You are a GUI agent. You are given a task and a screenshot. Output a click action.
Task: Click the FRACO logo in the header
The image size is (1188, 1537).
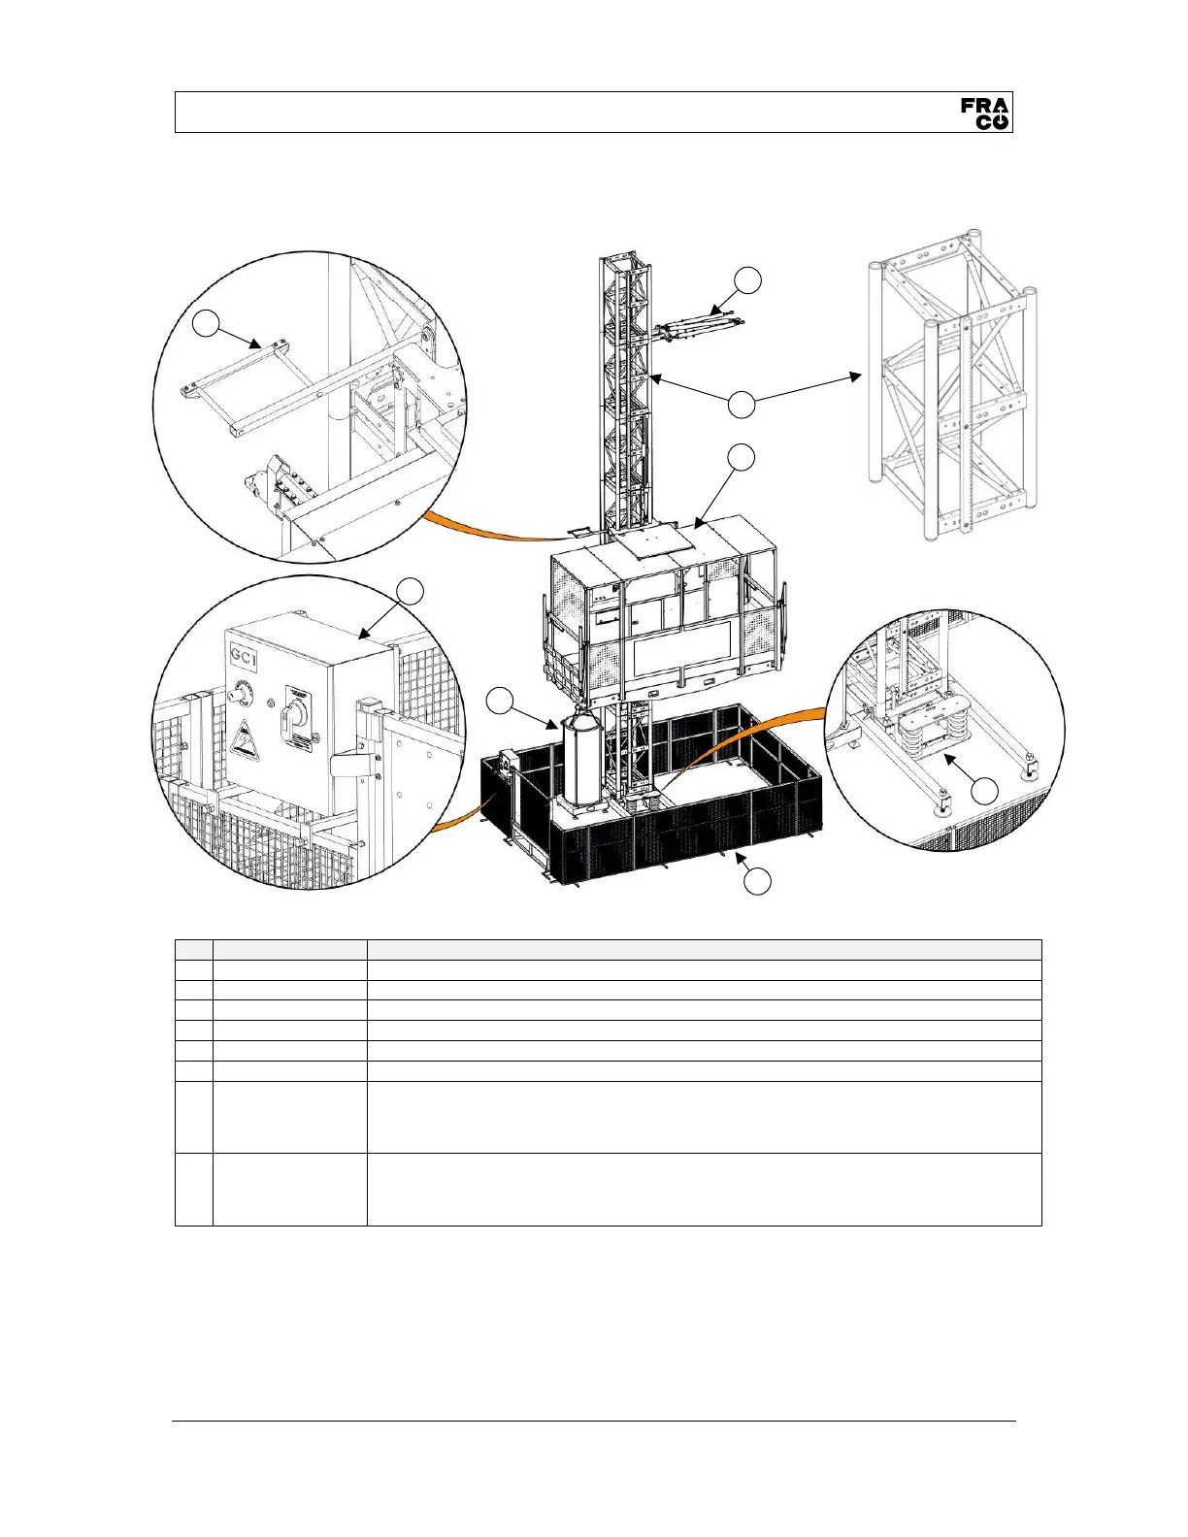pos(985,113)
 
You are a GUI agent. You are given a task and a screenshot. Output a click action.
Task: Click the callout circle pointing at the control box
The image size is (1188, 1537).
pos(412,591)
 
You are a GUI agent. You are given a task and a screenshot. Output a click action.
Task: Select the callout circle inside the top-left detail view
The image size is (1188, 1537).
pos(206,323)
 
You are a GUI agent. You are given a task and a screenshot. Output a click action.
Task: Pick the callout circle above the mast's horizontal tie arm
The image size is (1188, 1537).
pos(746,280)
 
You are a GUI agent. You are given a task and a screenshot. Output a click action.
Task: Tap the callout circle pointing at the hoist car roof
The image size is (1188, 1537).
pos(742,457)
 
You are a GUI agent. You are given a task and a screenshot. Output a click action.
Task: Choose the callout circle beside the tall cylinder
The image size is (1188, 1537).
pos(500,701)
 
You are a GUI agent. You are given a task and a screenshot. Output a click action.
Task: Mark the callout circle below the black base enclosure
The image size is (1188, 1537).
pos(757,881)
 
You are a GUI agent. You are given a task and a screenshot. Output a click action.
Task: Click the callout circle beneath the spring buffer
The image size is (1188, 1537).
pos(984,791)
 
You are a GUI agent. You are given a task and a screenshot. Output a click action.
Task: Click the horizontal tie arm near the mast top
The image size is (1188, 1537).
pos(701,327)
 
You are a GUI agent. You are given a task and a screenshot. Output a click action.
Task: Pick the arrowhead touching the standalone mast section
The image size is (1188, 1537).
pos(857,375)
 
